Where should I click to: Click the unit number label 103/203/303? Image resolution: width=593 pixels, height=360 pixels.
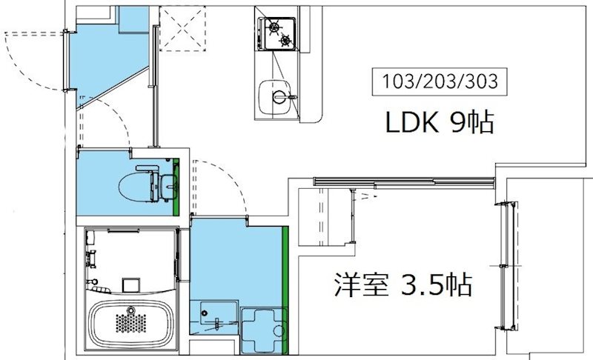pyautogui.click(x=440, y=79)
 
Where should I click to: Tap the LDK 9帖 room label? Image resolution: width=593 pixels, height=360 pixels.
pyautogui.click(x=440, y=123)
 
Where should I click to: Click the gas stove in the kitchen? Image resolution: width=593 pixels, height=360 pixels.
pyautogui.click(x=276, y=34)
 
